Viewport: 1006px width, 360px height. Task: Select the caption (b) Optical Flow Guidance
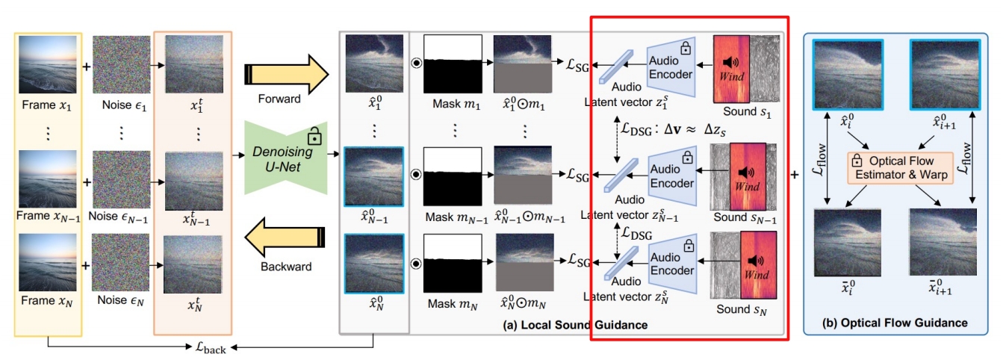pos(901,323)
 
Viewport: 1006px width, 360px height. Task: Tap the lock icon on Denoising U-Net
pos(314,138)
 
